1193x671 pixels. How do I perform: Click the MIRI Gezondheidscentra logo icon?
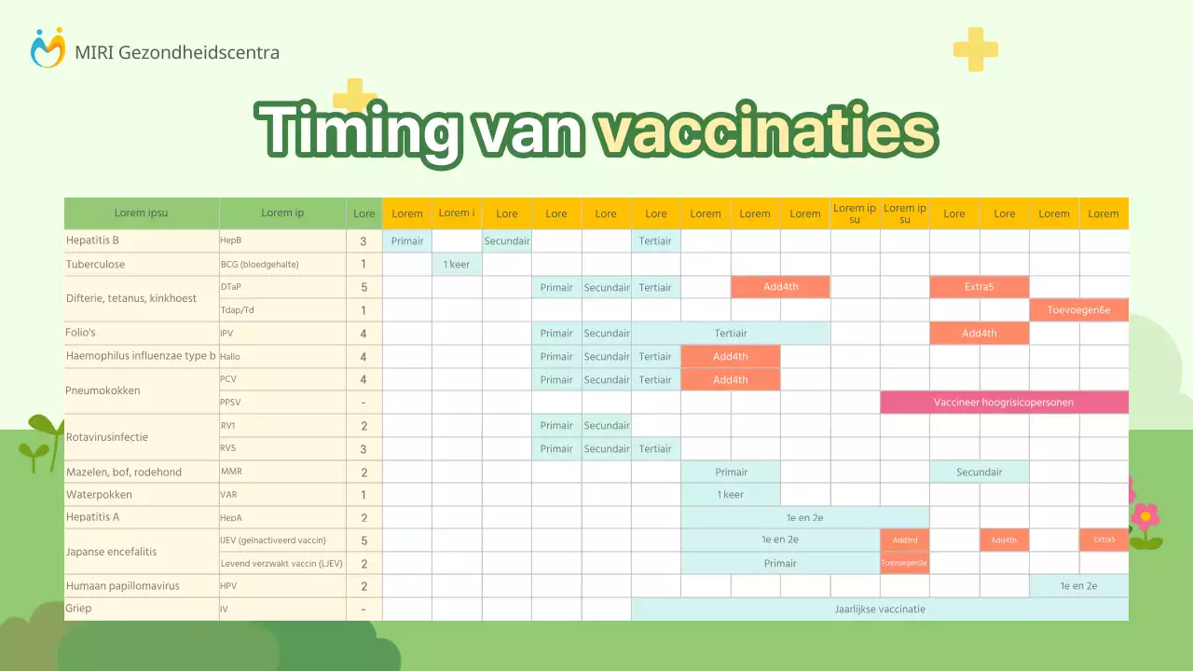48,48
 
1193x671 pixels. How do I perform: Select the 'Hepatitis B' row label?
92,240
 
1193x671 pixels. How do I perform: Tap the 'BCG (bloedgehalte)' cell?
259,265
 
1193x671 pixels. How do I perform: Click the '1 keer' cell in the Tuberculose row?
457,265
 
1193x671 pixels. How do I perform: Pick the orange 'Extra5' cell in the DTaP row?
979,287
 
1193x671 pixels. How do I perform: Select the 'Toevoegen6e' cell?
1078,310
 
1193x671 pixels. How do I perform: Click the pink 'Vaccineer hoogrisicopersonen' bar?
1004,403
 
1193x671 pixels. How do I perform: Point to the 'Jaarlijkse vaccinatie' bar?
879,609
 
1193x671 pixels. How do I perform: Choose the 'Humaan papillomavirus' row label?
122,586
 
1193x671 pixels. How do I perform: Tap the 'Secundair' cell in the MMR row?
979,472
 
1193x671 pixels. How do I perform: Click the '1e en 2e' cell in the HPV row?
1078,586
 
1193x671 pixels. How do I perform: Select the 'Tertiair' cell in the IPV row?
731,334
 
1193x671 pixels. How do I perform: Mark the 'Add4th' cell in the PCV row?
731,380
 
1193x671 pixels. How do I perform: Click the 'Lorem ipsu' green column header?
142,213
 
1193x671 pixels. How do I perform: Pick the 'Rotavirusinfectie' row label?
107,437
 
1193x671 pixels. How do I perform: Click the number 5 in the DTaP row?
363,288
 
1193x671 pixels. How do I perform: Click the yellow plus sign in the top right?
975,49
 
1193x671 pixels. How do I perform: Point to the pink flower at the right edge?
1145,517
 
